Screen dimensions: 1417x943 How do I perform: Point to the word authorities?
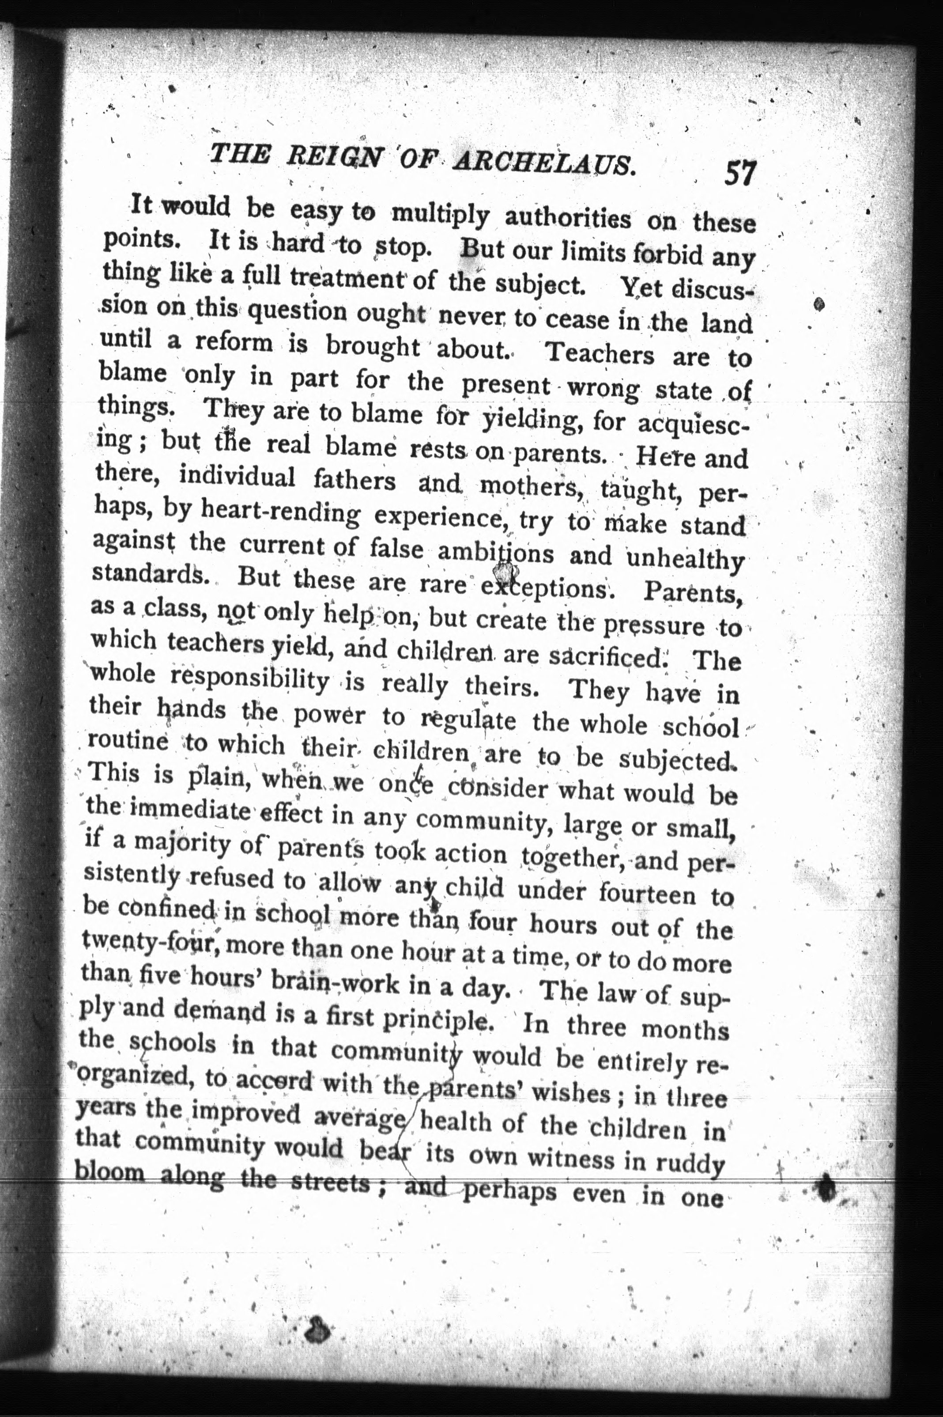coord(568,218)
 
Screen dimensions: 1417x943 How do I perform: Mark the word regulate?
coord(468,720)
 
